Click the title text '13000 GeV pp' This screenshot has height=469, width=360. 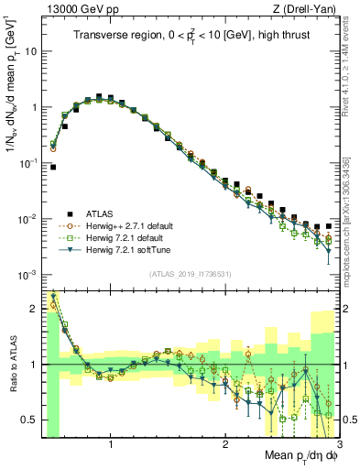pyautogui.click(x=72, y=9)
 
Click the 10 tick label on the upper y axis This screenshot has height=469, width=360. pyautogui.click(x=31, y=51)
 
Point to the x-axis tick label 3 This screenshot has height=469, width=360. pyautogui.click(x=339, y=446)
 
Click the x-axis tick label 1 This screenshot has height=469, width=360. pyautogui.click(x=111, y=446)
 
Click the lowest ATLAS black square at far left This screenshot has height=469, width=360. pyautogui.click(x=53, y=168)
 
